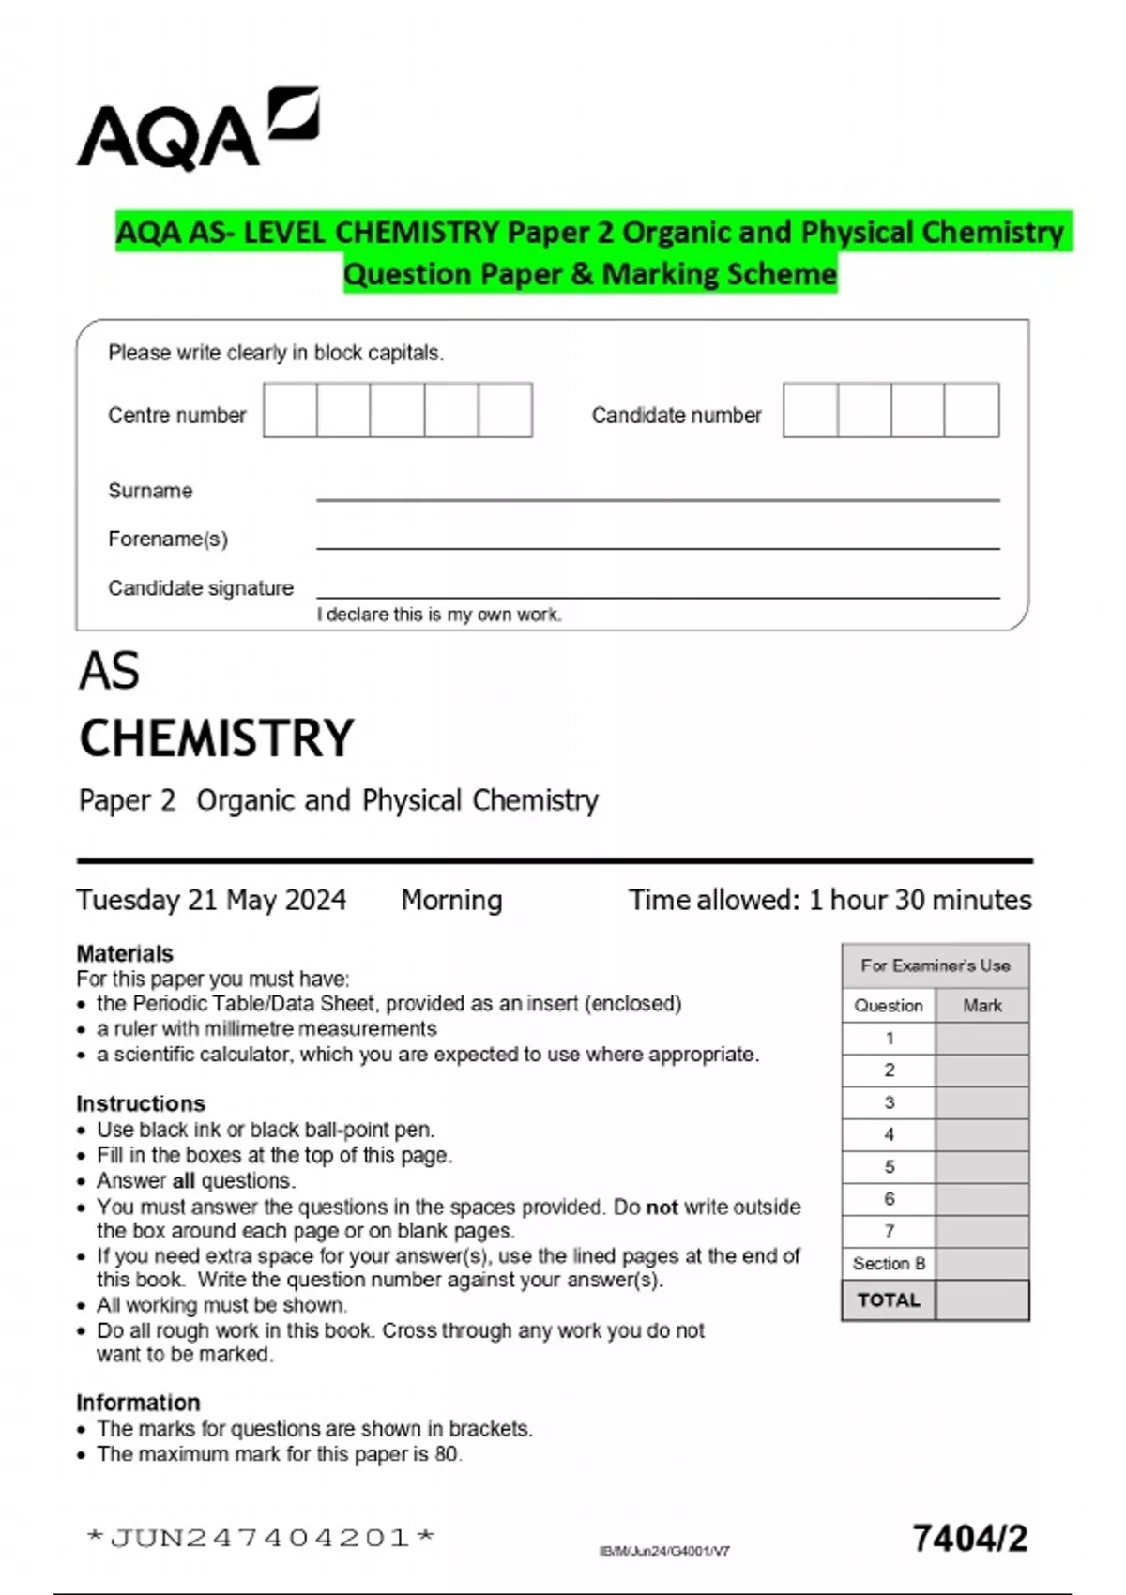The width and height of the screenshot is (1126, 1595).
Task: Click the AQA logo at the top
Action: click(197, 131)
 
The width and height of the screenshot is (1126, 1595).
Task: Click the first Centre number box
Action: click(290, 410)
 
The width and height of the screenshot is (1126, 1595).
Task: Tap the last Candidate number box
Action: click(971, 410)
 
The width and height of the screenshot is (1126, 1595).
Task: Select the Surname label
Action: click(150, 491)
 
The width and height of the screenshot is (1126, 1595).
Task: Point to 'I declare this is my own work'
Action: click(438, 615)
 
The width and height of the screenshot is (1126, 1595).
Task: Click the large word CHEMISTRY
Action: click(217, 738)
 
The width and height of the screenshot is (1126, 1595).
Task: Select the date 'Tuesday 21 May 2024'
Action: click(211, 900)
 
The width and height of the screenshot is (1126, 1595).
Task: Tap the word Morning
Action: click(451, 900)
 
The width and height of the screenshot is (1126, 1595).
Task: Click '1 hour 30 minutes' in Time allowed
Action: click(920, 900)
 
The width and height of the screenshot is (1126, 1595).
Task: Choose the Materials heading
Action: click(125, 953)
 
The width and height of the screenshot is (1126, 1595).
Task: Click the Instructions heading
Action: click(141, 1103)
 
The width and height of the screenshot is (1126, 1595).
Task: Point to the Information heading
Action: click(138, 1403)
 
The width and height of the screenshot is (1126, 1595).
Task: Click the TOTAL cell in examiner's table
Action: click(889, 1300)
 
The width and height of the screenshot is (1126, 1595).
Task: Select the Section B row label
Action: click(889, 1264)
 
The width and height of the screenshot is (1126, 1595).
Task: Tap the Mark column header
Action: click(981, 1006)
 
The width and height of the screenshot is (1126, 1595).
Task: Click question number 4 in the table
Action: click(889, 1134)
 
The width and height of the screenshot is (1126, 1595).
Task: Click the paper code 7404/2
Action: click(969, 1539)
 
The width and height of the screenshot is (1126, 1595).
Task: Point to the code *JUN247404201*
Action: click(260, 1538)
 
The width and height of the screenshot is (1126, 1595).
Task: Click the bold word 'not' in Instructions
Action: click(662, 1208)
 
